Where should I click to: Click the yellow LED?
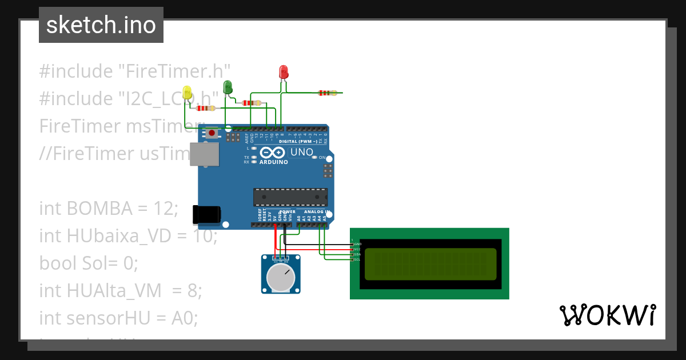pyautogui.click(x=187, y=92)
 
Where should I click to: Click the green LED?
pyautogui.click(x=228, y=87)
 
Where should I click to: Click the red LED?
pyautogui.click(x=284, y=72)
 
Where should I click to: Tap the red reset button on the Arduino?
pyautogui.click(x=212, y=134)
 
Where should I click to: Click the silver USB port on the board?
pyautogui.click(x=204, y=154)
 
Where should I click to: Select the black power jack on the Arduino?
pyautogui.click(x=206, y=214)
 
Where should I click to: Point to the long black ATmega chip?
pyautogui.click(x=290, y=197)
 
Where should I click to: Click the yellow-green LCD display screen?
pyautogui.click(x=429, y=264)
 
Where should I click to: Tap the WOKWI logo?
pyautogui.click(x=607, y=315)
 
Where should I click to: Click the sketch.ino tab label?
pyautogui.click(x=101, y=25)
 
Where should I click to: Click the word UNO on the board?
pyautogui.click(x=302, y=152)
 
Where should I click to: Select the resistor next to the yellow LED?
pyautogui.click(x=205, y=108)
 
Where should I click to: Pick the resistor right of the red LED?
pyautogui.click(x=328, y=93)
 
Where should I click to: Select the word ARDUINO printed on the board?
pyautogui.click(x=273, y=162)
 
